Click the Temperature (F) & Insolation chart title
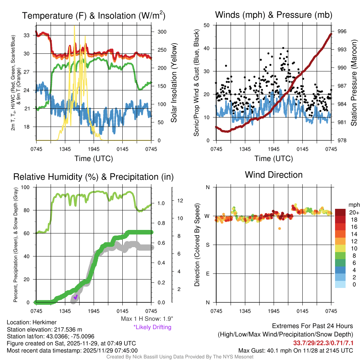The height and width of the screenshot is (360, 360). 94,15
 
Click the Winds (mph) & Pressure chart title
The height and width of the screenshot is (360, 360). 274,15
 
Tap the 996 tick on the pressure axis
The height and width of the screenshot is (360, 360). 342,31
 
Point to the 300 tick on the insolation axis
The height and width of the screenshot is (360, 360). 162,32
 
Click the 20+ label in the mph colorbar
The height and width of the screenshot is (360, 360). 354,212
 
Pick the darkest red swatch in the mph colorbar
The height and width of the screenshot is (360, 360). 340,212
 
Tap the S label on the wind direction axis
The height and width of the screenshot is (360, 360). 208,245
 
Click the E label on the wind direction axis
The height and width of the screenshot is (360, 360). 208,274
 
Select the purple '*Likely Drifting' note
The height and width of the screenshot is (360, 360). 152,327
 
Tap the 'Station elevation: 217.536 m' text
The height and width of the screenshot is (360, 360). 44,329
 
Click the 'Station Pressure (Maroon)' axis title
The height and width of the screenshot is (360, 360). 354,83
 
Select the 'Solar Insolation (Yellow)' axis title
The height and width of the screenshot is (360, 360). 174,83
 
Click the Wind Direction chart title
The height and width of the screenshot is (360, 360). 274,175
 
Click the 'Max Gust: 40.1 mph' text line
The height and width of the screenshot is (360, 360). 296,350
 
